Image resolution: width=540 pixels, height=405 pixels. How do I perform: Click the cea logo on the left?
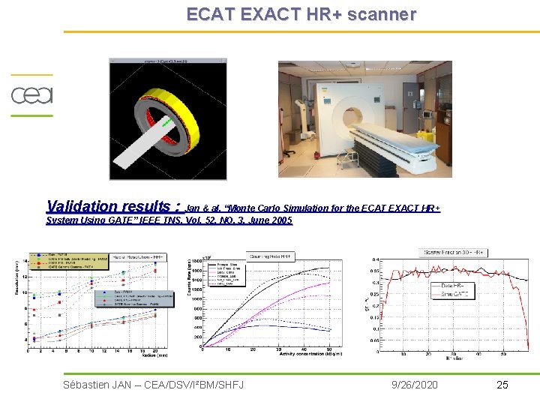point(31,95)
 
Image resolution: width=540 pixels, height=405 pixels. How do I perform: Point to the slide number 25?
point(502,385)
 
